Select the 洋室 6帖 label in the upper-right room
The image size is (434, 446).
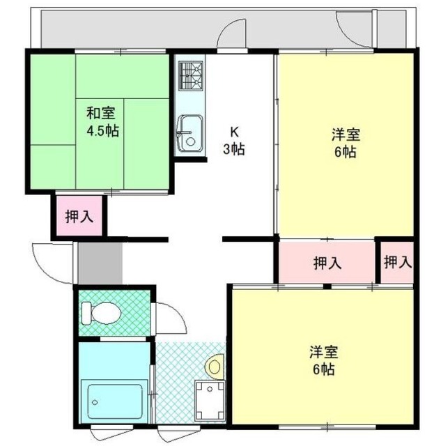click(344, 142)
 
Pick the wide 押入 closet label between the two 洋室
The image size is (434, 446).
click(327, 263)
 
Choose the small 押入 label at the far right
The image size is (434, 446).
click(397, 262)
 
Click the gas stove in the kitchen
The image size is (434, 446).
click(190, 77)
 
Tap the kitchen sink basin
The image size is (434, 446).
click(187, 134)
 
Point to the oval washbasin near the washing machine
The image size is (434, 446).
click(215, 364)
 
